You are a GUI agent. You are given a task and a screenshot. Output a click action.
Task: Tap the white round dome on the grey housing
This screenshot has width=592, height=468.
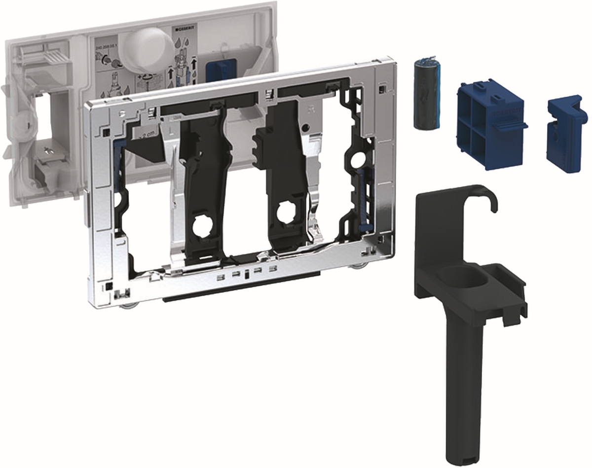[x=147, y=49]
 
